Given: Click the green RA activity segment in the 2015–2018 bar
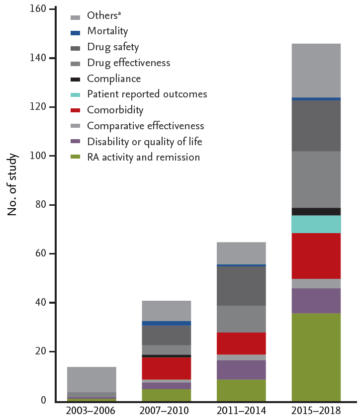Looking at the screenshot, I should coord(316,357).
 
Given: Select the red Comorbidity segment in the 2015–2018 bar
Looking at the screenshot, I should coord(316,255).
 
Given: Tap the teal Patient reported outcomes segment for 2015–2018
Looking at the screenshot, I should coord(316,224).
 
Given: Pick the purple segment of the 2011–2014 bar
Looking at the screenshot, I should coord(241,370).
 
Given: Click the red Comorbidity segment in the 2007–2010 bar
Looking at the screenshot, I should coord(166,368).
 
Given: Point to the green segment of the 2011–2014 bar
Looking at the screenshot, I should coord(241,390).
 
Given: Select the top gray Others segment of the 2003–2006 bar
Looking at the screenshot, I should coord(91,379).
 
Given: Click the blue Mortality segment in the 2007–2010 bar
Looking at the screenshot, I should coord(166,324).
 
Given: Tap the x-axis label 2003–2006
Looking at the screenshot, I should coord(91,411).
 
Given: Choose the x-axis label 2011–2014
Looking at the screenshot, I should coord(241,411).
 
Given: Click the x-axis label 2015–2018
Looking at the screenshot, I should coord(316,411).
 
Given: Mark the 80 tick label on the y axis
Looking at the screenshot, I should coord(43,205).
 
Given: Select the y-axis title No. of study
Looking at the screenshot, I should coord(13,185).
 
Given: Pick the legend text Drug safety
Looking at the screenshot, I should coord(113,47).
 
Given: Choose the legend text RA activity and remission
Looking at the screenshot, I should coord(143,158).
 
